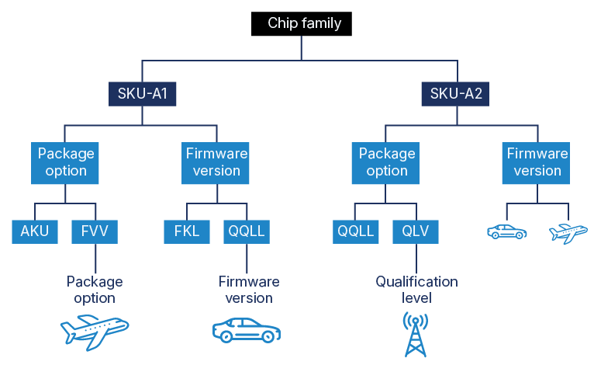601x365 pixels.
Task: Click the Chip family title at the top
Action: point(305,23)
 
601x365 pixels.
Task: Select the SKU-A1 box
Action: point(143,95)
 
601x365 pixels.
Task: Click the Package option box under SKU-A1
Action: point(67,162)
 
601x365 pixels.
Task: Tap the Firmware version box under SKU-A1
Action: point(217,162)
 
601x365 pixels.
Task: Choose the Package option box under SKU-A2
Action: point(387,162)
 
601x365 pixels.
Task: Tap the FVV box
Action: point(95,231)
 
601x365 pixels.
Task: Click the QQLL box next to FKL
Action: point(247,231)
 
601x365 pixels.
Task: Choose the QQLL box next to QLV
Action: point(354,231)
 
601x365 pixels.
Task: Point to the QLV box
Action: point(416,231)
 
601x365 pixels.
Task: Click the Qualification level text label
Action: point(416,289)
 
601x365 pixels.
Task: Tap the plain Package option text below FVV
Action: point(95,289)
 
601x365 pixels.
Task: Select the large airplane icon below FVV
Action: point(95,332)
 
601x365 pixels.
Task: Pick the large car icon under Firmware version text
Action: point(247,330)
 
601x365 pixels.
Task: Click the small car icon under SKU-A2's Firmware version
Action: point(507,231)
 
